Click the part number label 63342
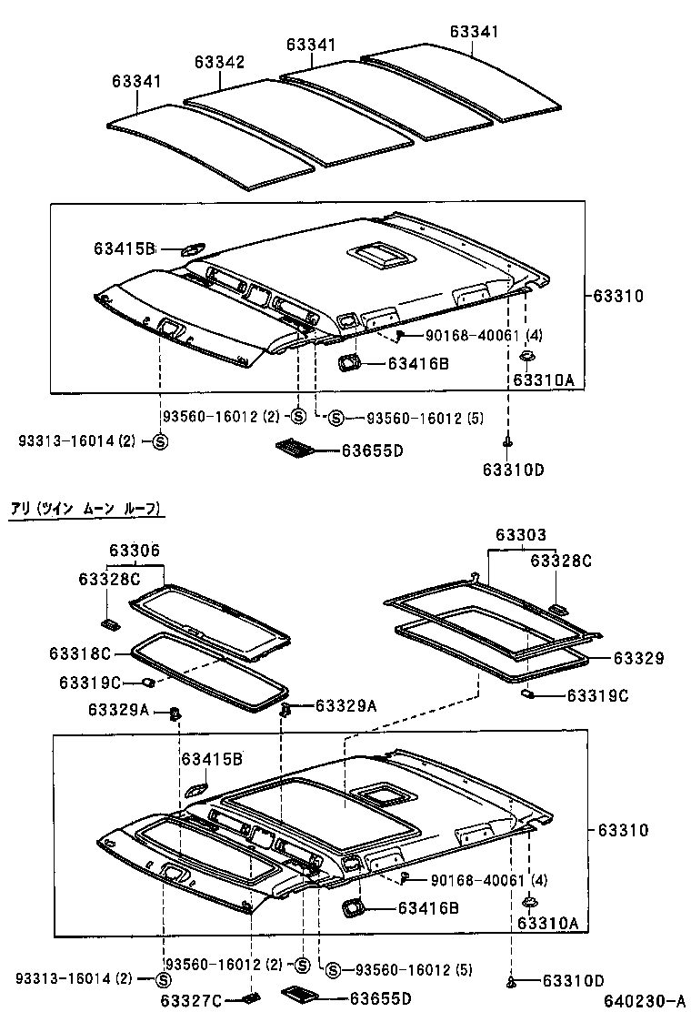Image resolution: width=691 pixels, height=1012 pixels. point(219,62)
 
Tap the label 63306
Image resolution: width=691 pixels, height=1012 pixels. point(135,551)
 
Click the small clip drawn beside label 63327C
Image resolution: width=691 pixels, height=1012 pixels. point(245,998)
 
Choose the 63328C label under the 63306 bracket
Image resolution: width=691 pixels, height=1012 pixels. point(109,579)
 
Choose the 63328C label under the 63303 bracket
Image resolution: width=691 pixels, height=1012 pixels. point(561,562)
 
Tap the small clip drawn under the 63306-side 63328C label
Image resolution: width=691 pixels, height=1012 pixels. point(109,623)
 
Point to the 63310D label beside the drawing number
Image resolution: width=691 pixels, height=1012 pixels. point(573,981)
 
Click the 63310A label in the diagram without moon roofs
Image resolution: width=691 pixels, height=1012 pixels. point(544,380)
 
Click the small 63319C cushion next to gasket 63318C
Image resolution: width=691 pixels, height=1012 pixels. point(146,683)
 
